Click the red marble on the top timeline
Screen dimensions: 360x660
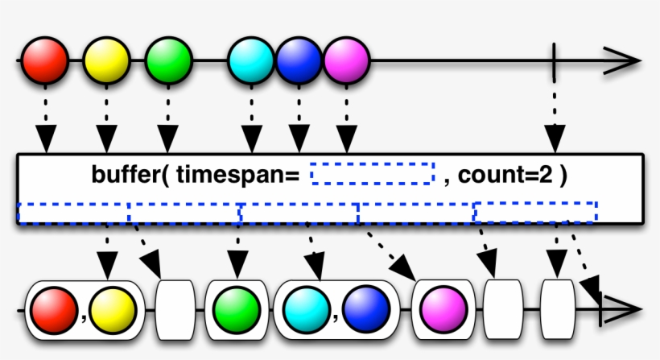point(44,60)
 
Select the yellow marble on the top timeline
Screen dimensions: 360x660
point(106,60)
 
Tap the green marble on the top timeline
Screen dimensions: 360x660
point(169,60)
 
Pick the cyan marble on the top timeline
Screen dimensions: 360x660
point(251,60)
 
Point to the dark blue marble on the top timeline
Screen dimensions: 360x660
point(299,60)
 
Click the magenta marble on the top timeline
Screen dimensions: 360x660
point(346,60)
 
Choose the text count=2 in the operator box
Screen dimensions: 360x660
point(501,173)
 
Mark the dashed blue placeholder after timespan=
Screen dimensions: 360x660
point(372,172)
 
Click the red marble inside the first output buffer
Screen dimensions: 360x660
point(52,310)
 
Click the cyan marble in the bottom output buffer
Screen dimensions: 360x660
point(304,310)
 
